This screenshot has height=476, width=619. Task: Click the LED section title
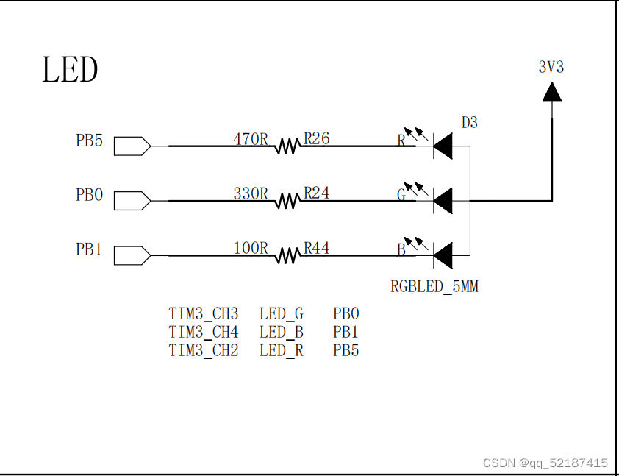tap(70, 71)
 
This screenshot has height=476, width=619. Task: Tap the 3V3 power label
tap(551, 67)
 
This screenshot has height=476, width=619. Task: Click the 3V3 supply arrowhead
tap(551, 90)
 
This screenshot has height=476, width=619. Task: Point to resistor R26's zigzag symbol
tap(287, 146)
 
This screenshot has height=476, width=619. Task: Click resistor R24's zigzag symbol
tap(287, 201)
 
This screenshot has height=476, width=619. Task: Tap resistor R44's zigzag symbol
tap(287, 255)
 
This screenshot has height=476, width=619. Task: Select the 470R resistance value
tap(251, 138)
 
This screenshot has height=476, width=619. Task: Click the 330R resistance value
tap(251, 193)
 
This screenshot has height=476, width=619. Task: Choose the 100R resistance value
tap(251, 249)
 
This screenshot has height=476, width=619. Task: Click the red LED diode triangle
tap(443, 146)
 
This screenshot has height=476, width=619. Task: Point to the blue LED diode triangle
tap(443, 255)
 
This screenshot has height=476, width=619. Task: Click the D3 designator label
tap(469, 123)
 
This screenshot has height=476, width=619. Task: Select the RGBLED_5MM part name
tap(434, 287)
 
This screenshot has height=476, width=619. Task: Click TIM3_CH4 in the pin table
tap(204, 332)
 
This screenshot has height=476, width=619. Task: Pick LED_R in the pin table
tap(281, 350)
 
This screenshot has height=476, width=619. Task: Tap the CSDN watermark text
tap(545, 463)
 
